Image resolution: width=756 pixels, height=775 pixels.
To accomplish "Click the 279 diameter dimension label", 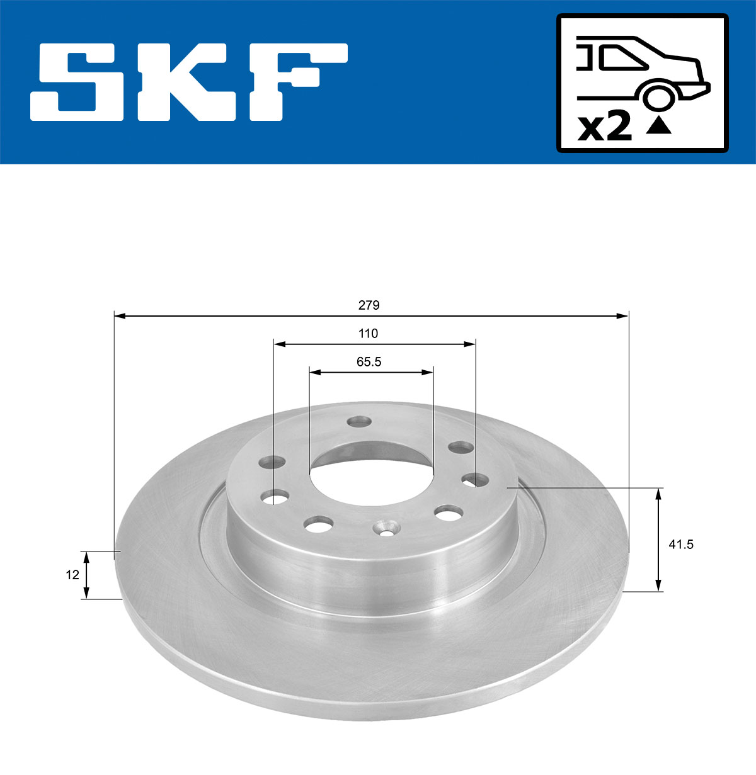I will pyautogui.click(x=369, y=305).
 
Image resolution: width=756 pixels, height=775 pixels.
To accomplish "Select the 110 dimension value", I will pyautogui.click(x=368, y=334).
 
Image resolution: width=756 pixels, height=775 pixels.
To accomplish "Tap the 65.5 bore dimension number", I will pyautogui.click(x=369, y=362).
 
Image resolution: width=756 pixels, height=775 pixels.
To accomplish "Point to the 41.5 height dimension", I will pyautogui.click(x=680, y=545).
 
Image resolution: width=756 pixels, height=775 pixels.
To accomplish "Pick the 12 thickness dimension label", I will pyautogui.click(x=72, y=575).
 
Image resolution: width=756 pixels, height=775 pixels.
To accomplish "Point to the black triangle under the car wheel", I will pyautogui.click(x=659, y=127).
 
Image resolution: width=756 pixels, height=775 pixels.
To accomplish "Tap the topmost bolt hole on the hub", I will pyautogui.click(x=360, y=421).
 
